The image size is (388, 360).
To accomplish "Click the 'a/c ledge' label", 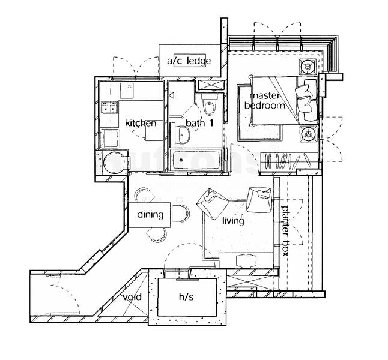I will (x=188, y=61).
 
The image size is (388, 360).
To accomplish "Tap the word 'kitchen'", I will (x=141, y=124).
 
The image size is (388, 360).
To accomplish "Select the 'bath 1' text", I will (x=199, y=124).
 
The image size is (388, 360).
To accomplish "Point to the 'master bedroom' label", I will (x=264, y=101).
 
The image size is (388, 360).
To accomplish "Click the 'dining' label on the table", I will (x=150, y=215).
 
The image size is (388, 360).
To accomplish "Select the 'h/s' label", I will (x=187, y=297).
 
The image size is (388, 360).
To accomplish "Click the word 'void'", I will (x=132, y=298).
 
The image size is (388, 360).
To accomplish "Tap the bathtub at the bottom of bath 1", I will (x=195, y=160).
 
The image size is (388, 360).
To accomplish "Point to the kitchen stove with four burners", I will (x=109, y=107).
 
